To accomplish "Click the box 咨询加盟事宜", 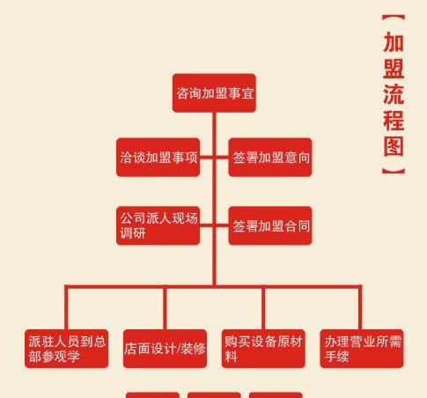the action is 214,93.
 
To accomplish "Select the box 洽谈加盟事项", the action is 158,158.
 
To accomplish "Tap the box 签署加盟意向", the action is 270,158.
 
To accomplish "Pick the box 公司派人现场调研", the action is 158,225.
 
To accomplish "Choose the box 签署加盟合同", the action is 270,225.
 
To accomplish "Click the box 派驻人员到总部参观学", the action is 66,349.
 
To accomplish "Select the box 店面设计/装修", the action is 165,349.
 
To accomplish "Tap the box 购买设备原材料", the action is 263,349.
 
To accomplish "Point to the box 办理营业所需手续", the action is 362,349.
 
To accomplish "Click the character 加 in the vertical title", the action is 394,42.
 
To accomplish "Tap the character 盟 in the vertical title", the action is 394,69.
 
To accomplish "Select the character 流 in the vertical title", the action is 394,94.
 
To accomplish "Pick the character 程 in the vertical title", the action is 394,121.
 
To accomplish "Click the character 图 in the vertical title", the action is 394,146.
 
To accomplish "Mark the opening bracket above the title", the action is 394,18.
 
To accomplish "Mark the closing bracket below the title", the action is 394,171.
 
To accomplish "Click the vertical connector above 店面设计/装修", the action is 165,307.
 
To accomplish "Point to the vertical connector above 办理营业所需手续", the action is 360,307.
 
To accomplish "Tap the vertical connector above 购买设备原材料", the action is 263,307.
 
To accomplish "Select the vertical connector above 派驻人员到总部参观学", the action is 66,307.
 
